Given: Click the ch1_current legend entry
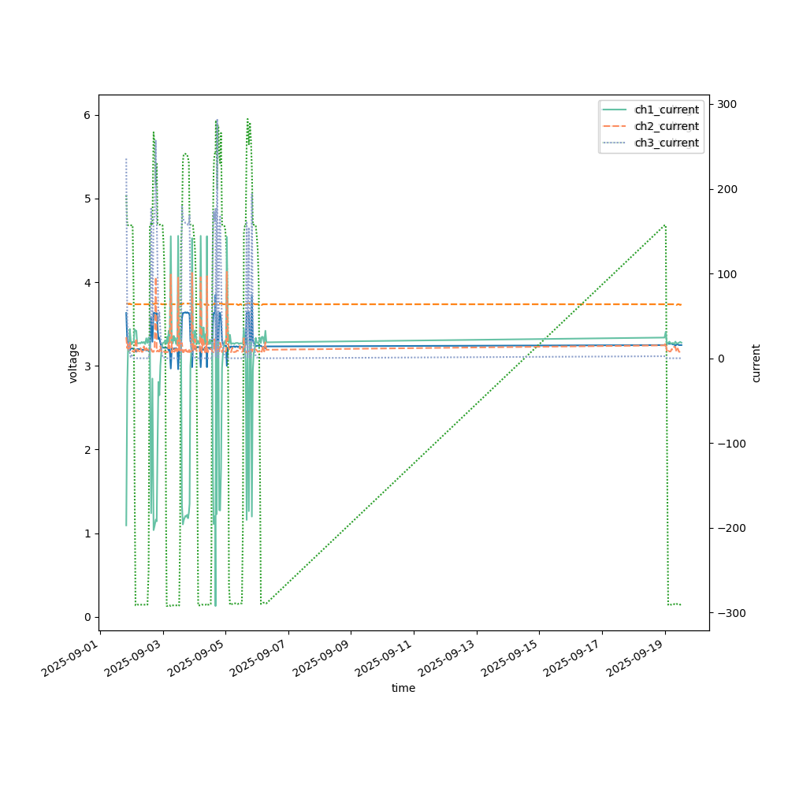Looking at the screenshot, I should [x=666, y=110].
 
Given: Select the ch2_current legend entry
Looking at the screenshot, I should [x=666, y=126].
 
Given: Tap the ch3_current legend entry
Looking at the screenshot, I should [x=666, y=143].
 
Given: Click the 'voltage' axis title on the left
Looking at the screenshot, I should [x=73, y=362].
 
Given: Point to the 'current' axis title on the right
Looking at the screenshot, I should [x=756, y=362].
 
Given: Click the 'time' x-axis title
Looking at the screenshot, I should [x=403, y=688].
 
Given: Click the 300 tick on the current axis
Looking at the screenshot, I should [x=725, y=105].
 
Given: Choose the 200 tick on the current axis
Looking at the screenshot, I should [x=725, y=189].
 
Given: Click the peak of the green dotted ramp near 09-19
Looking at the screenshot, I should [x=665, y=225].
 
